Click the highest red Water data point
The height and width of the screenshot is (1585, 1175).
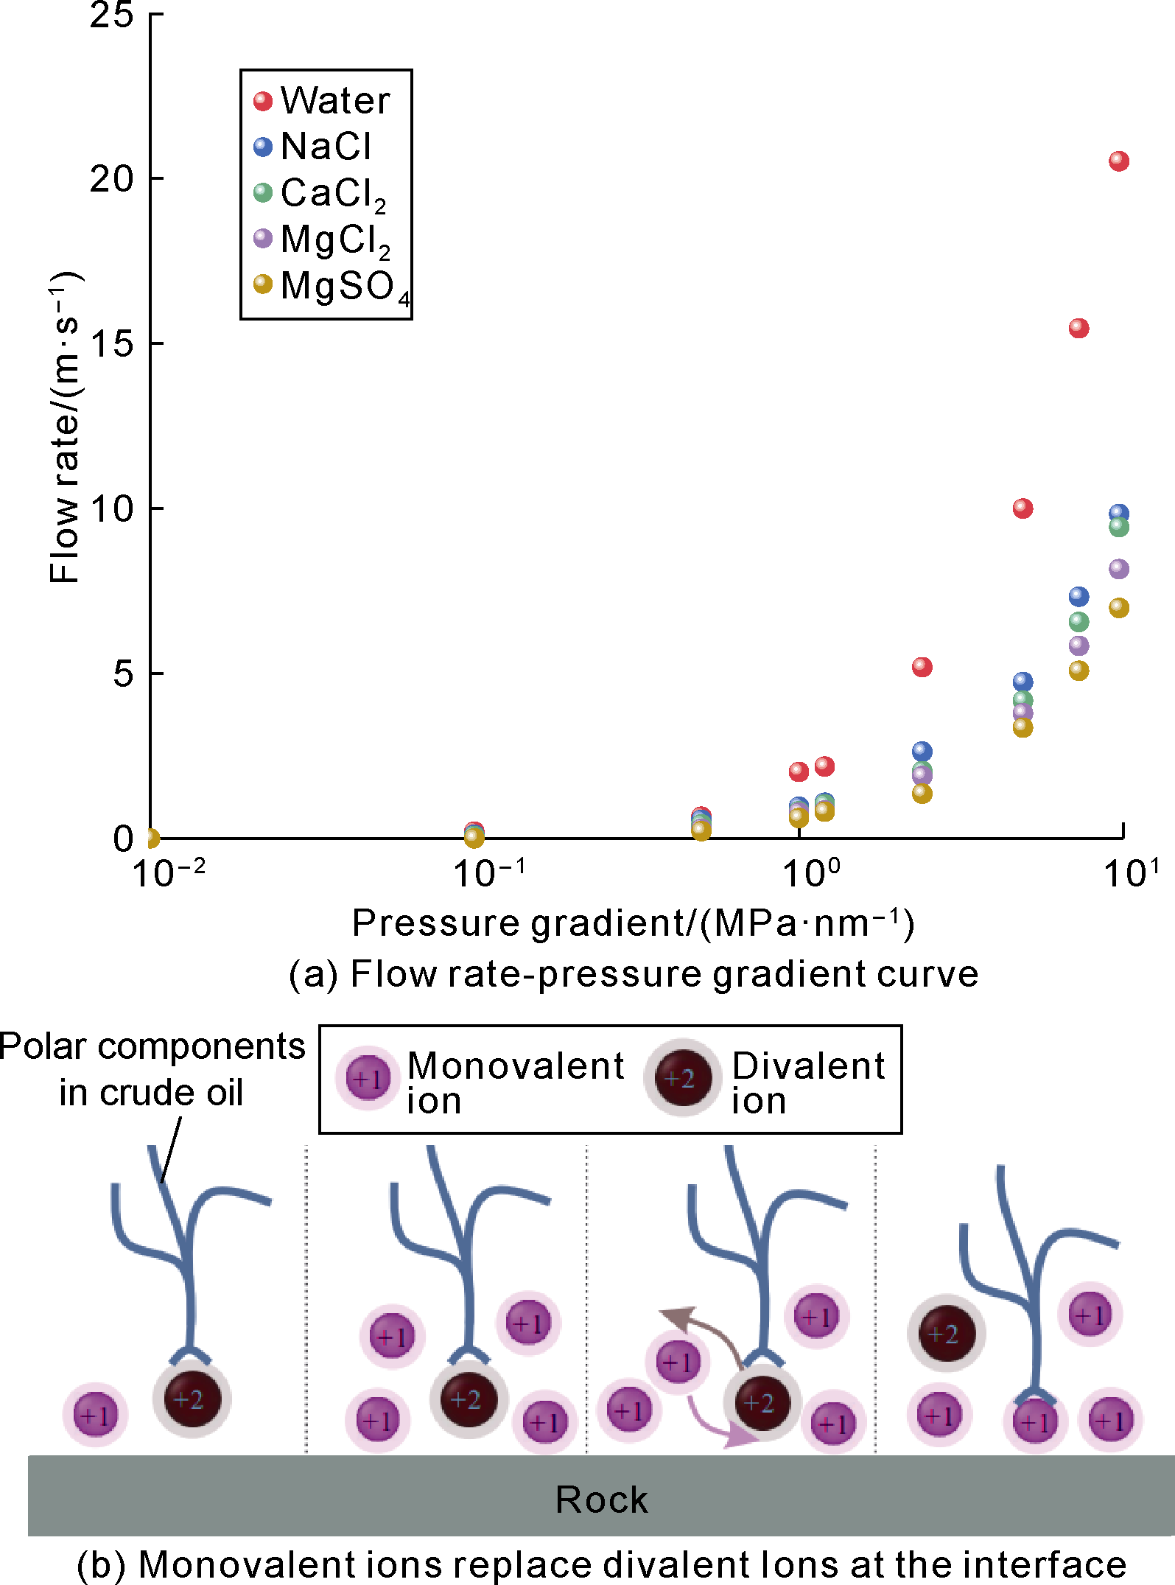(x=1118, y=161)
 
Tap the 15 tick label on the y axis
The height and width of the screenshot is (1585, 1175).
(x=111, y=343)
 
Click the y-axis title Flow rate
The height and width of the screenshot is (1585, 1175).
(x=65, y=427)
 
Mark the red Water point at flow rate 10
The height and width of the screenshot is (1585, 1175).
(x=1023, y=508)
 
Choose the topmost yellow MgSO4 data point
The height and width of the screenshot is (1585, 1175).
(x=1118, y=608)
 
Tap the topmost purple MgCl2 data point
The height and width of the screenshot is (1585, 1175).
(x=1118, y=569)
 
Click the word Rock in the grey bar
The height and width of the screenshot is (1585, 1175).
(x=601, y=1500)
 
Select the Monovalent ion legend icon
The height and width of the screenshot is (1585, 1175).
(x=368, y=1080)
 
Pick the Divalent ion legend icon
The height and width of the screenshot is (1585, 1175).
(x=682, y=1079)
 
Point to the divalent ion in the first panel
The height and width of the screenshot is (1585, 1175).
(x=192, y=1398)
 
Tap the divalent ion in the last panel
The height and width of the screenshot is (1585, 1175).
(x=946, y=1333)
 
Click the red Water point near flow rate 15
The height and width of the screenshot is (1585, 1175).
(x=1078, y=328)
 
